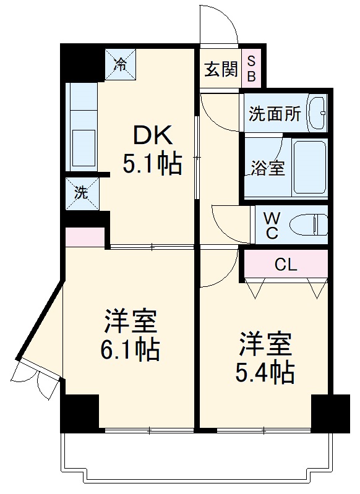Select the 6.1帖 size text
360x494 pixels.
pos(131,351)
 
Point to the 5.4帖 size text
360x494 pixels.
pos(265,372)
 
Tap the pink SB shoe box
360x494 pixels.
pos(252,68)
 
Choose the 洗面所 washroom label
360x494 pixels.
pos(275,114)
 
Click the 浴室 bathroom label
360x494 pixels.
pos(267,168)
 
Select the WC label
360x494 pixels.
pos(272,225)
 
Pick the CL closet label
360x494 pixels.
pos(286,265)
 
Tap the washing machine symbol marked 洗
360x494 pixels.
pos(82,193)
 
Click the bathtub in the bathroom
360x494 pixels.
pos(309,168)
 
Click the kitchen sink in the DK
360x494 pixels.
pos(82,148)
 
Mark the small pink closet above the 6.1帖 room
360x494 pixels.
pos(85,237)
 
